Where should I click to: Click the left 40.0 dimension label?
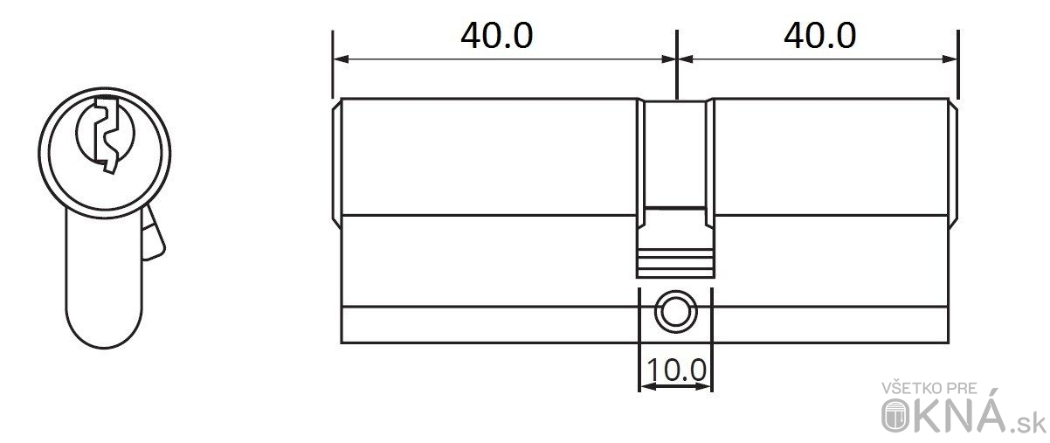click(496, 36)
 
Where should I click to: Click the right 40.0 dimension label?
click(820, 36)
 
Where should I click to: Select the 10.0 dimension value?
click(676, 370)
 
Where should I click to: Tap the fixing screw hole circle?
click(675, 312)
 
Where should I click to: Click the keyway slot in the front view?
click(107, 135)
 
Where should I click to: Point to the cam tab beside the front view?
click(153, 233)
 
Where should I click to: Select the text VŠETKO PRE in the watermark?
click(929, 389)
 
